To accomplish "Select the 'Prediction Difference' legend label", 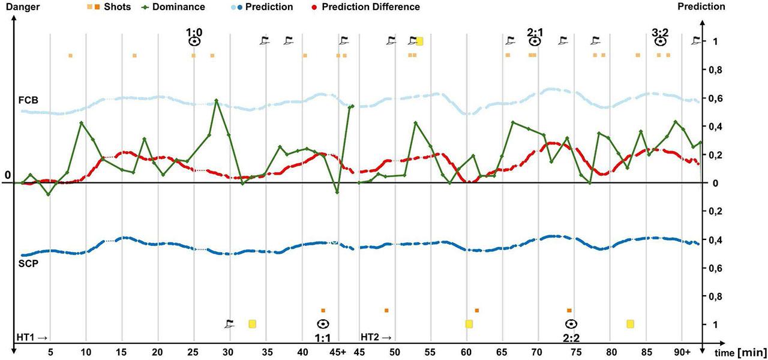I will [x=371, y=7].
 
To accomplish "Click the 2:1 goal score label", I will [x=535, y=31].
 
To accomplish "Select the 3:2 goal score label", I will [x=660, y=31].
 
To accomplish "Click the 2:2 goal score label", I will [x=571, y=338].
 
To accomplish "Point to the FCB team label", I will [x=28, y=100].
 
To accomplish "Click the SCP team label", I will [x=28, y=263].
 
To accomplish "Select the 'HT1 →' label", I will [x=32, y=337].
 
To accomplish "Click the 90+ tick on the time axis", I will [x=683, y=352].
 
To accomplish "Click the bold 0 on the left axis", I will [x=7, y=175].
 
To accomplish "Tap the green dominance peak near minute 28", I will [x=216, y=100].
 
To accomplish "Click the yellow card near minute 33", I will [x=253, y=324].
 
